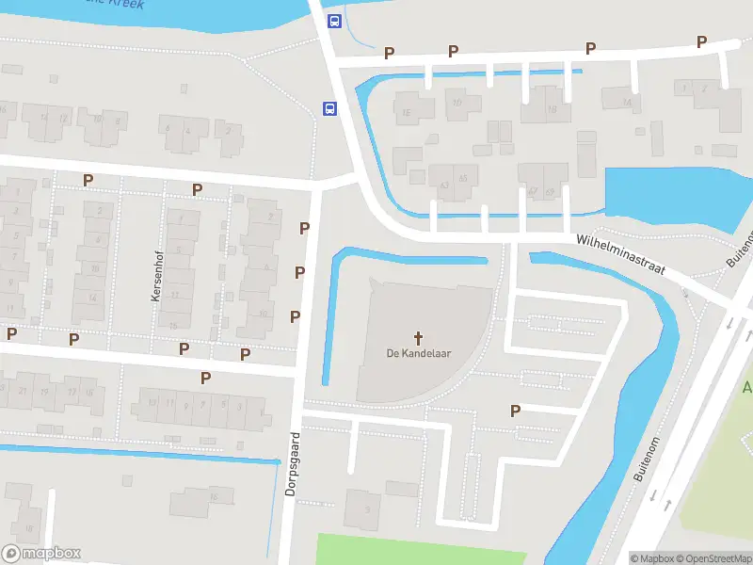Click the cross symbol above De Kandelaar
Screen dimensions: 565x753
(418, 337)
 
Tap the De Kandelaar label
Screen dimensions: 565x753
(418, 354)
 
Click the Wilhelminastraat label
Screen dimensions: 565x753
(621, 255)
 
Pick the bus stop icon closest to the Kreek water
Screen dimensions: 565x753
(333, 21)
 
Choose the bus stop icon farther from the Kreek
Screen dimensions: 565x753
(329, 109)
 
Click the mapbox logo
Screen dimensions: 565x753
(41, 554)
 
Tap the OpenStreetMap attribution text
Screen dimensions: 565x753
(712, 558)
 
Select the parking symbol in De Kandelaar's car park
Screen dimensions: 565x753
(515, 411)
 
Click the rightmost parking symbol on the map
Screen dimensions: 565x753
(701, 41)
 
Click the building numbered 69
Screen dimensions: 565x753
(551, 191)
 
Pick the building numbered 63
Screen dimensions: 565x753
(441, 184)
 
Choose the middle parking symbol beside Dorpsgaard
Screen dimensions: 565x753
(299, 272)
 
